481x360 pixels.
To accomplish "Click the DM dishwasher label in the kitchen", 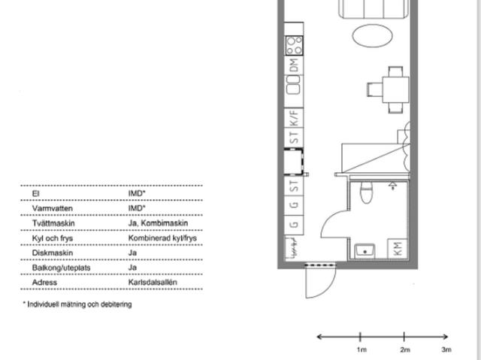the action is (294, 65).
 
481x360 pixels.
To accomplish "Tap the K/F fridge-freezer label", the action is (294, 118).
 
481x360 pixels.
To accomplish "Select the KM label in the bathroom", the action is (398, 249).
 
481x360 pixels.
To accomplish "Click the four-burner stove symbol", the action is (294, 45).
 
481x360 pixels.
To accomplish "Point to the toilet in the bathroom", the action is (366, 192).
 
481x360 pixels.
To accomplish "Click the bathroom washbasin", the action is (365, 251).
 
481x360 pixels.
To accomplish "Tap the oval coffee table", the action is (373, 36).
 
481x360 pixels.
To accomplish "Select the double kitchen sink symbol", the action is (293, 85).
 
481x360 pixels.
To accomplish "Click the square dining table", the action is (395, 90).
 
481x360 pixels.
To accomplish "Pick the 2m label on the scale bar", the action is (405, 349).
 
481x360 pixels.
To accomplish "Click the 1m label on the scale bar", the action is (362, 349).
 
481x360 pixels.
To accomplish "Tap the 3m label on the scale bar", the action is (446, 349).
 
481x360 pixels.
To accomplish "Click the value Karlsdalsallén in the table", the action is (153, 282).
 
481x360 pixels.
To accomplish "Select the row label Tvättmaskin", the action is (53, 223).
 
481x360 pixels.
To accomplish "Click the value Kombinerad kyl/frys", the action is (162, 238).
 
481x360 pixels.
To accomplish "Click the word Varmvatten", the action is (53, 208).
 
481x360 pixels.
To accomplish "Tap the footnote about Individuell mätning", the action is (77, 304).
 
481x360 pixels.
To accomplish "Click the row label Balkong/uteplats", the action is (62, 268).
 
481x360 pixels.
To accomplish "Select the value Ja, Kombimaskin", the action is (158, 223).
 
